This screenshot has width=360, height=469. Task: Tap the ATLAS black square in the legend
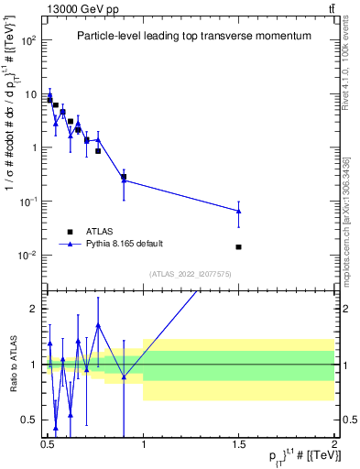tap(69, 232)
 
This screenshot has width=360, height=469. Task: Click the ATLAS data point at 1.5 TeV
tap(238, 246)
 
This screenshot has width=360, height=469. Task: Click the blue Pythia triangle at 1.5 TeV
tap(238, 212)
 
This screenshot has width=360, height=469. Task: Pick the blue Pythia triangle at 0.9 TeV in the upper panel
tap(124, 180)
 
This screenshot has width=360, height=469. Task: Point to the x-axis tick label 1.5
tap(238, 443)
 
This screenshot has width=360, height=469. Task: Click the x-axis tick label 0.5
tap(47, 443)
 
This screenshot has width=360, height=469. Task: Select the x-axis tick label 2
tap(333, 443)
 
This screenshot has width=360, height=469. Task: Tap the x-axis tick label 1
tap(143, 443)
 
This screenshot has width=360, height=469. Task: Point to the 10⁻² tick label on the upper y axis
tap(28, 255)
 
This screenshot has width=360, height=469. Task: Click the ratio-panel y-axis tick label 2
tap(34, 310)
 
